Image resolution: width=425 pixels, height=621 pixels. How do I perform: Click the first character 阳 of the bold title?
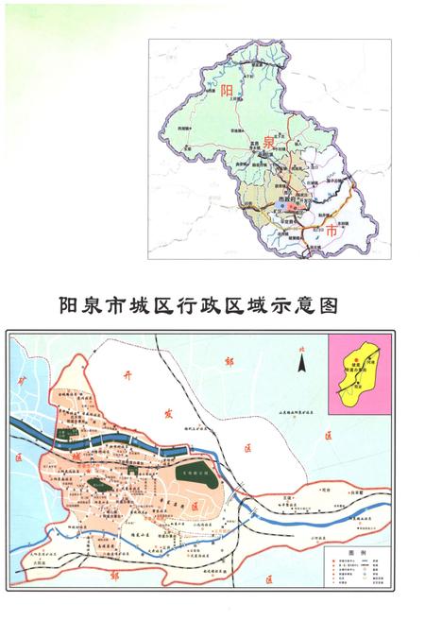coord(68,305)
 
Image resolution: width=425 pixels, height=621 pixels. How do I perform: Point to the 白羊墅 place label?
coord(380,492)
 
